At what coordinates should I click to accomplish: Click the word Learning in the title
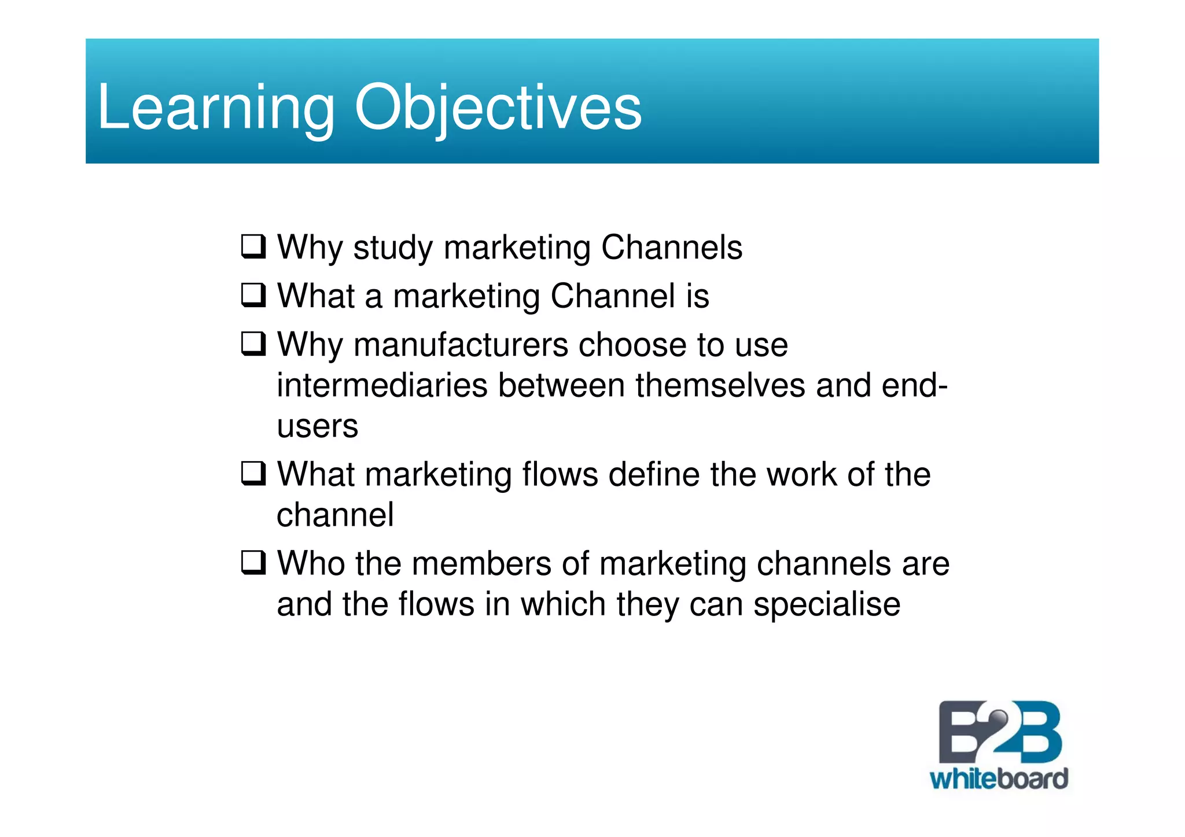tap(215, 108)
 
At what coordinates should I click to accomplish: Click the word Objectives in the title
tap(498, 108)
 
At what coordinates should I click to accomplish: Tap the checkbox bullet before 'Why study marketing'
tap(253, 246)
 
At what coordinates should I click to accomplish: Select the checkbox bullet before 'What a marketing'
tap(253, 295)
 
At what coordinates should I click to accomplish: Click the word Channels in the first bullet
tap(671, 248)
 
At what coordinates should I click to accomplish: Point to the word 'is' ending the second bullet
tap(697, 296)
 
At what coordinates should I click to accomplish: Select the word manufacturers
tap(461, 345)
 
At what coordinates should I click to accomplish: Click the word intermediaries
tap(382, 386)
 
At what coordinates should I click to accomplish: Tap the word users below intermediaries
tap(317, 427)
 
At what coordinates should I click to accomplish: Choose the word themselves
tap(720, 386)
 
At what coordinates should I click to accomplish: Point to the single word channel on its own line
tap(335, 515)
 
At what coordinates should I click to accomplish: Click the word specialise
tap(826, 605)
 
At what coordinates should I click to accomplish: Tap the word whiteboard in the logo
tap(999, 779)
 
